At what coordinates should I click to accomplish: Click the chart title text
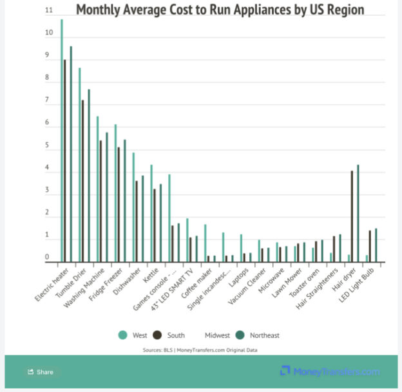tap(220, 10)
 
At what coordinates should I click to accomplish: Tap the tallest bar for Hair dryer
tap(358, 213)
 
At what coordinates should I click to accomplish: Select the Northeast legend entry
tap(260, 335)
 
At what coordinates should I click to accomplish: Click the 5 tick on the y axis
tap(47, 146)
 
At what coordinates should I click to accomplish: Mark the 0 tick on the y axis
tap(47, 258)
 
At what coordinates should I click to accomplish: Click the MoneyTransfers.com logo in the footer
tap(329, 371)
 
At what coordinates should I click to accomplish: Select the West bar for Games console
tap(169, 218)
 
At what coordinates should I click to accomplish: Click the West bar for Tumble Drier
tap(80, 165)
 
